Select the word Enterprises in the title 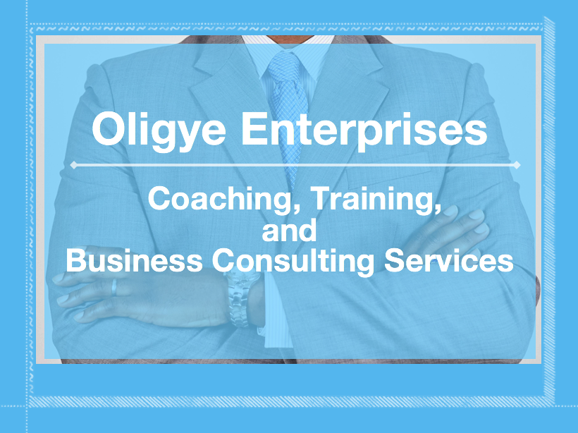[x=364, y=129]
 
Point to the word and [x=290, y=230]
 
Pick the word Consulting [x=293, y=261]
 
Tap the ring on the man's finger [x=114, y=287]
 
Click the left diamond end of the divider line [x=74, y=165]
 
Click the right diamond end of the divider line [x=517, y=165]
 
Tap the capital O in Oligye [x=109, y=129]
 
